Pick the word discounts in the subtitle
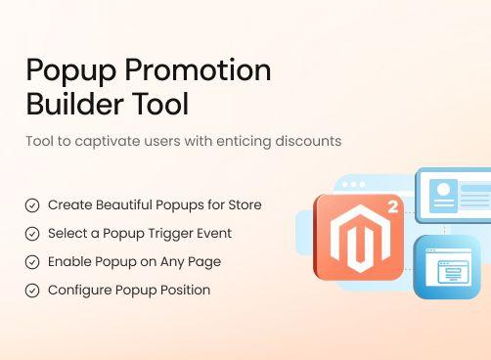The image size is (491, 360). tap(306, 141)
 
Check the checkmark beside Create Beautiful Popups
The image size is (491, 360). tap(32, 205)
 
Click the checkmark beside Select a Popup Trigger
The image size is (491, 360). tap(32, 234)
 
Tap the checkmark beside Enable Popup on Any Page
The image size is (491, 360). tap(32, 262)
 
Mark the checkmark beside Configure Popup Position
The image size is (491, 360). tap(32, 291)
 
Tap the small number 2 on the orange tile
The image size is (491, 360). tap(392, 207)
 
